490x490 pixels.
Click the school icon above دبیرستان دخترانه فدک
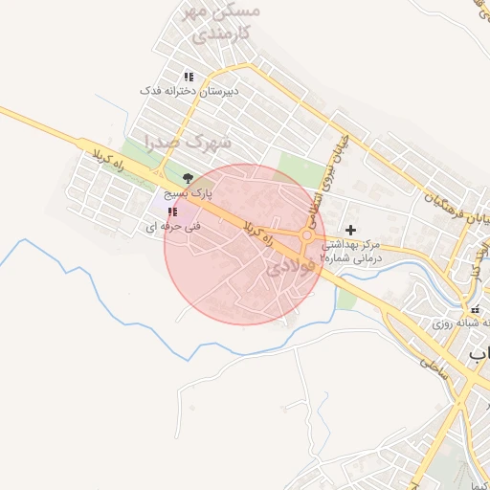point(189,77)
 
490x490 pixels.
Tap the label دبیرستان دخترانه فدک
point(189,90)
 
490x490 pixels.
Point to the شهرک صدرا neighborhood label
point(189,143)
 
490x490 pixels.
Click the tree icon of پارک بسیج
point(188,178)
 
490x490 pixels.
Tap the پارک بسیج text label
point(189,192)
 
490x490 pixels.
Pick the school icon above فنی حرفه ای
point(171,212)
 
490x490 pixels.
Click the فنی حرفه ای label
point(164,227)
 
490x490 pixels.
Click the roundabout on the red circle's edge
point(308,236)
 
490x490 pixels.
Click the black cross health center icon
point(351,231)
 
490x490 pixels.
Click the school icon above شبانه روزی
point(476,309)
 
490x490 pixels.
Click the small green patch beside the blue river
point(346,298)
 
